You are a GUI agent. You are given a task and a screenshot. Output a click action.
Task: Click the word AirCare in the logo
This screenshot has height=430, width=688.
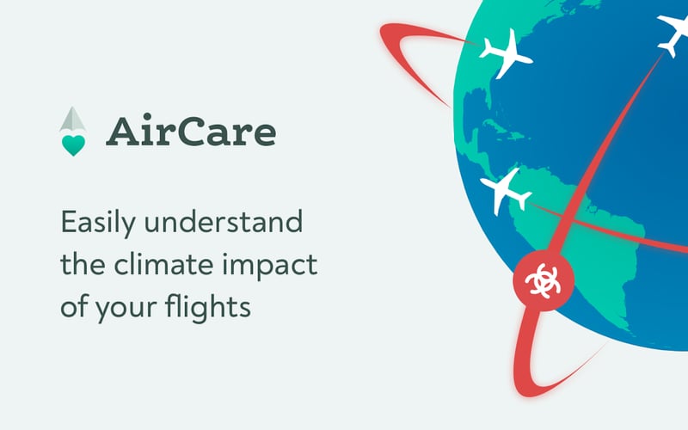(191, 132)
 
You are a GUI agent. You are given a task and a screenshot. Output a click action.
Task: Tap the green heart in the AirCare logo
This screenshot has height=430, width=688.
(74, 144)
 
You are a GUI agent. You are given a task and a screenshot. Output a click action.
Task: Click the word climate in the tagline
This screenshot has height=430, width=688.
(161, 265)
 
